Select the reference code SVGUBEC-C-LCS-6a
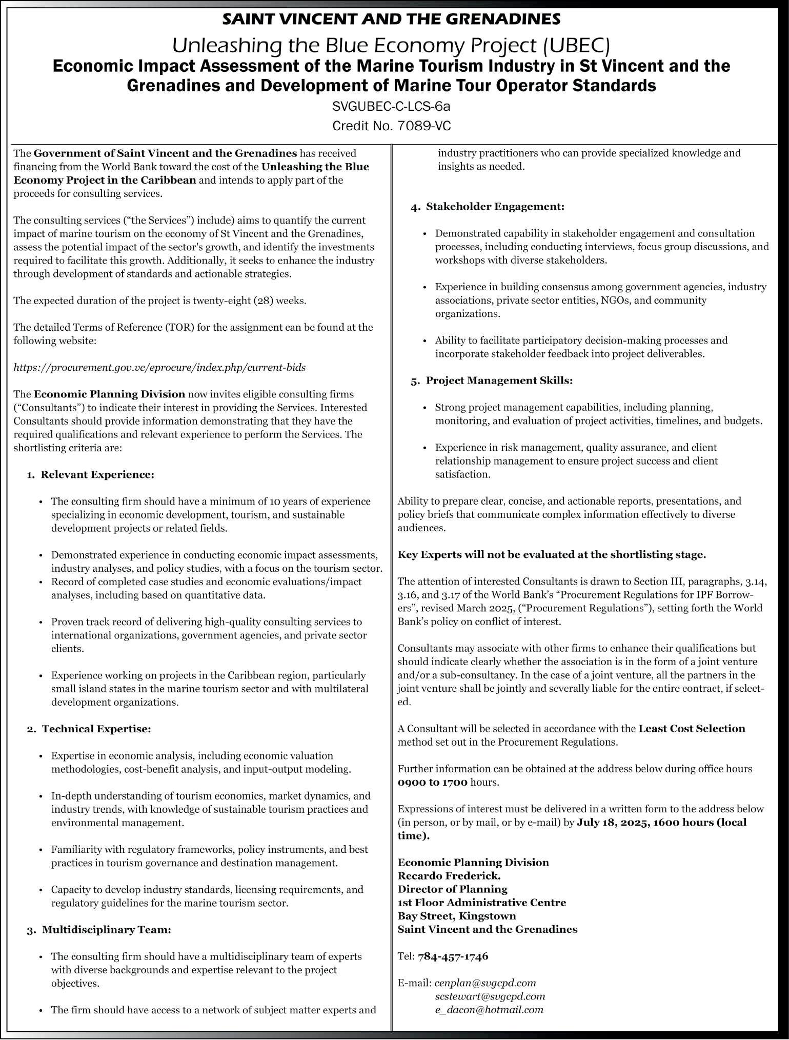coord(391,107)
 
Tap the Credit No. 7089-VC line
coord(391,126)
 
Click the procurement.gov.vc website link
coord(159,367)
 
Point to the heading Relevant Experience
coord(97,474)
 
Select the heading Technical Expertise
coord(96,729)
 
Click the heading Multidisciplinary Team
coord(106,929)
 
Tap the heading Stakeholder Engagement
coord(495,207)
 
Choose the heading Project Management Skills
coord(499,381)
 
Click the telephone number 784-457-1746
coord(453,956)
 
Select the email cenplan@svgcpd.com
coord(485,983)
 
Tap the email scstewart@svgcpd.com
coord(490,996)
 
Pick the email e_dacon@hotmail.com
coord(489,1009)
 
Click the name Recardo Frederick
coord(449,876)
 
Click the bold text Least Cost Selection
coord(692,729)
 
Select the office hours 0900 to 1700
coord(433,782)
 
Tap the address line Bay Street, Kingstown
coord(457,916)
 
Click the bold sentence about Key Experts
coord(552,554)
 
